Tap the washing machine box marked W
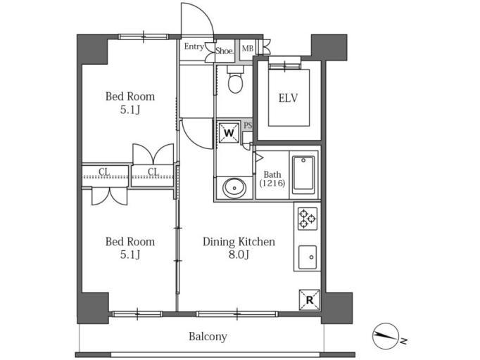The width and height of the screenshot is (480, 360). coord(229,132)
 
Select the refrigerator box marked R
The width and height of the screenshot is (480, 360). coord(310,300)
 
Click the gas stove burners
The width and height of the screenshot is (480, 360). coord(308,219)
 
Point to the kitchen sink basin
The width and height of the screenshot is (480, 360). coord(308,257)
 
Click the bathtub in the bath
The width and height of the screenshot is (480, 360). coord(303,173)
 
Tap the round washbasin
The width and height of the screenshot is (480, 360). coord(234,188)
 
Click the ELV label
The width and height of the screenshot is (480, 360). coord(288,98)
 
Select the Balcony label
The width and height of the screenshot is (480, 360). coord(208,337)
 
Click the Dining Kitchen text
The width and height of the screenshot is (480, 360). coord(239,242)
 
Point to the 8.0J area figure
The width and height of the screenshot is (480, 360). coord(239,255)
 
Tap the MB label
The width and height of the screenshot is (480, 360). coord(248,49)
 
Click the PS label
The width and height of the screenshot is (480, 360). coord(248,125)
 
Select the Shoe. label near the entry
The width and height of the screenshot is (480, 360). coord(225,51)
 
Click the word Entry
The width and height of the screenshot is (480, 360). coord(194,47)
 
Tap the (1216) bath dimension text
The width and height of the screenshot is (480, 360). coord(272,184)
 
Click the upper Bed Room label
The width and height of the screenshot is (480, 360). coord(130,96)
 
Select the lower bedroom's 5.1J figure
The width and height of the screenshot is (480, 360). coord(130,255)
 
